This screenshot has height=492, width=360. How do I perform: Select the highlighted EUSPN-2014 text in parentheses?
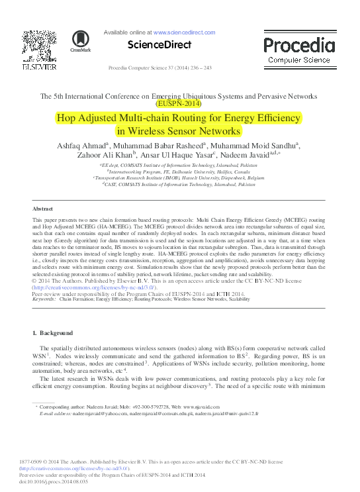180,103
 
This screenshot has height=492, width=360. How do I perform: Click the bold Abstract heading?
42,208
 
